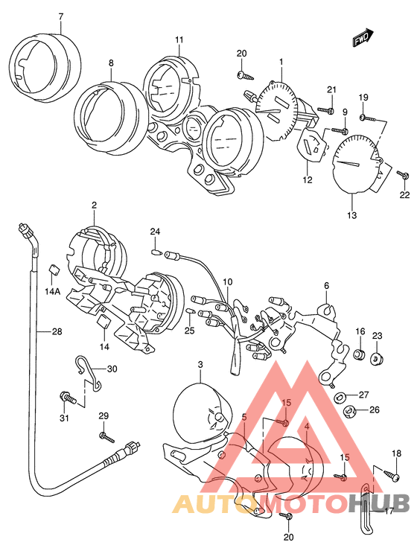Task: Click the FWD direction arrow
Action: (363, 37)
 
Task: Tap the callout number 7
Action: (61, 16)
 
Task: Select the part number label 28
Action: (57, 331)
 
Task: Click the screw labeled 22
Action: (402, 174)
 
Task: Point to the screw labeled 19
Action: (366, 118)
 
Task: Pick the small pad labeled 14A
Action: (54, 270)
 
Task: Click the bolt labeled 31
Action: (69, 398)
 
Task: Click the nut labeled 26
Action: (349, 411)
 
